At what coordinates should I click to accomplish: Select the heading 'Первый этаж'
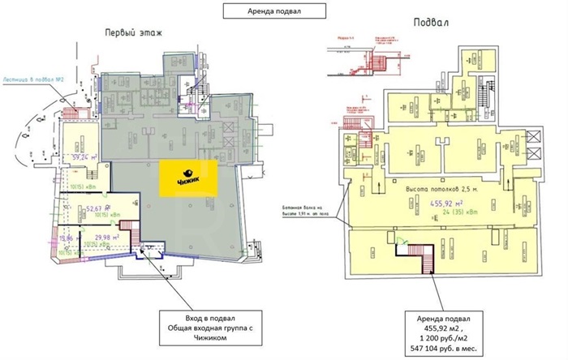[x=133, y=33]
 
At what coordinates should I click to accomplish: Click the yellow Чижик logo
[x=188, y=178]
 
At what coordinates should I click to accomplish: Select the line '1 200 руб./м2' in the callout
[x=443, y=333]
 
